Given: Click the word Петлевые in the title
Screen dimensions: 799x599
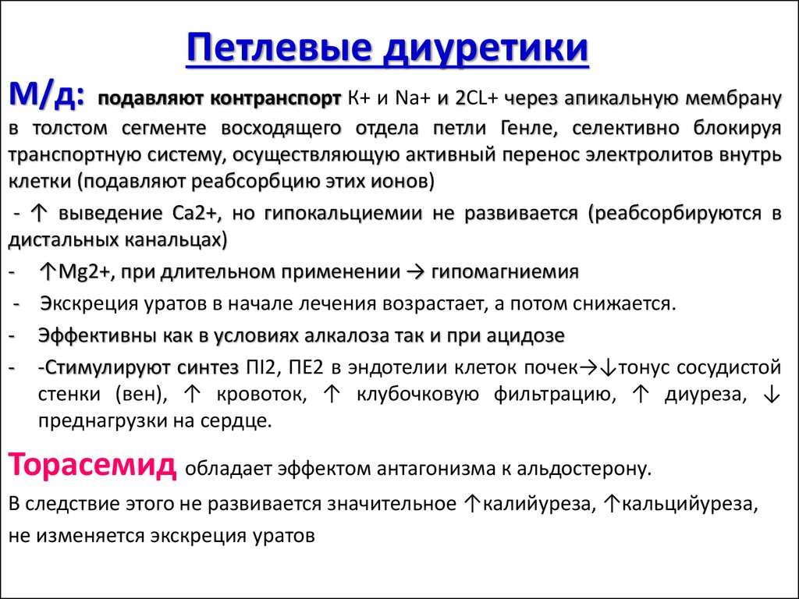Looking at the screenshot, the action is pyautogui.click(x=279, y=48).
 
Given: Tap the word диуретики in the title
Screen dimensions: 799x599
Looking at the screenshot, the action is pyautogui.click(x=487, y=49).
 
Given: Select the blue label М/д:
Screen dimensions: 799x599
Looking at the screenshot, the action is pyautogui.click(x=47, y=95).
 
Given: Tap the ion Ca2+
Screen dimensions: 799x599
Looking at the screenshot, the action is pyautogui.click(x=196, y=214).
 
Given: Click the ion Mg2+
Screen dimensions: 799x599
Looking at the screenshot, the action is pyautogui.click(x=83, y=272).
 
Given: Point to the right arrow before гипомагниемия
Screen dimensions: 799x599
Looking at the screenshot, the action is pyautogui.click(x=416, y=272).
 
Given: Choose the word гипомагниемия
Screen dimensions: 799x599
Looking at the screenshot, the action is pyautogui.click(x=505, y=272).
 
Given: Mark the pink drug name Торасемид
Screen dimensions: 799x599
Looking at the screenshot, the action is pyautogui.click(x=92, y=464).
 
